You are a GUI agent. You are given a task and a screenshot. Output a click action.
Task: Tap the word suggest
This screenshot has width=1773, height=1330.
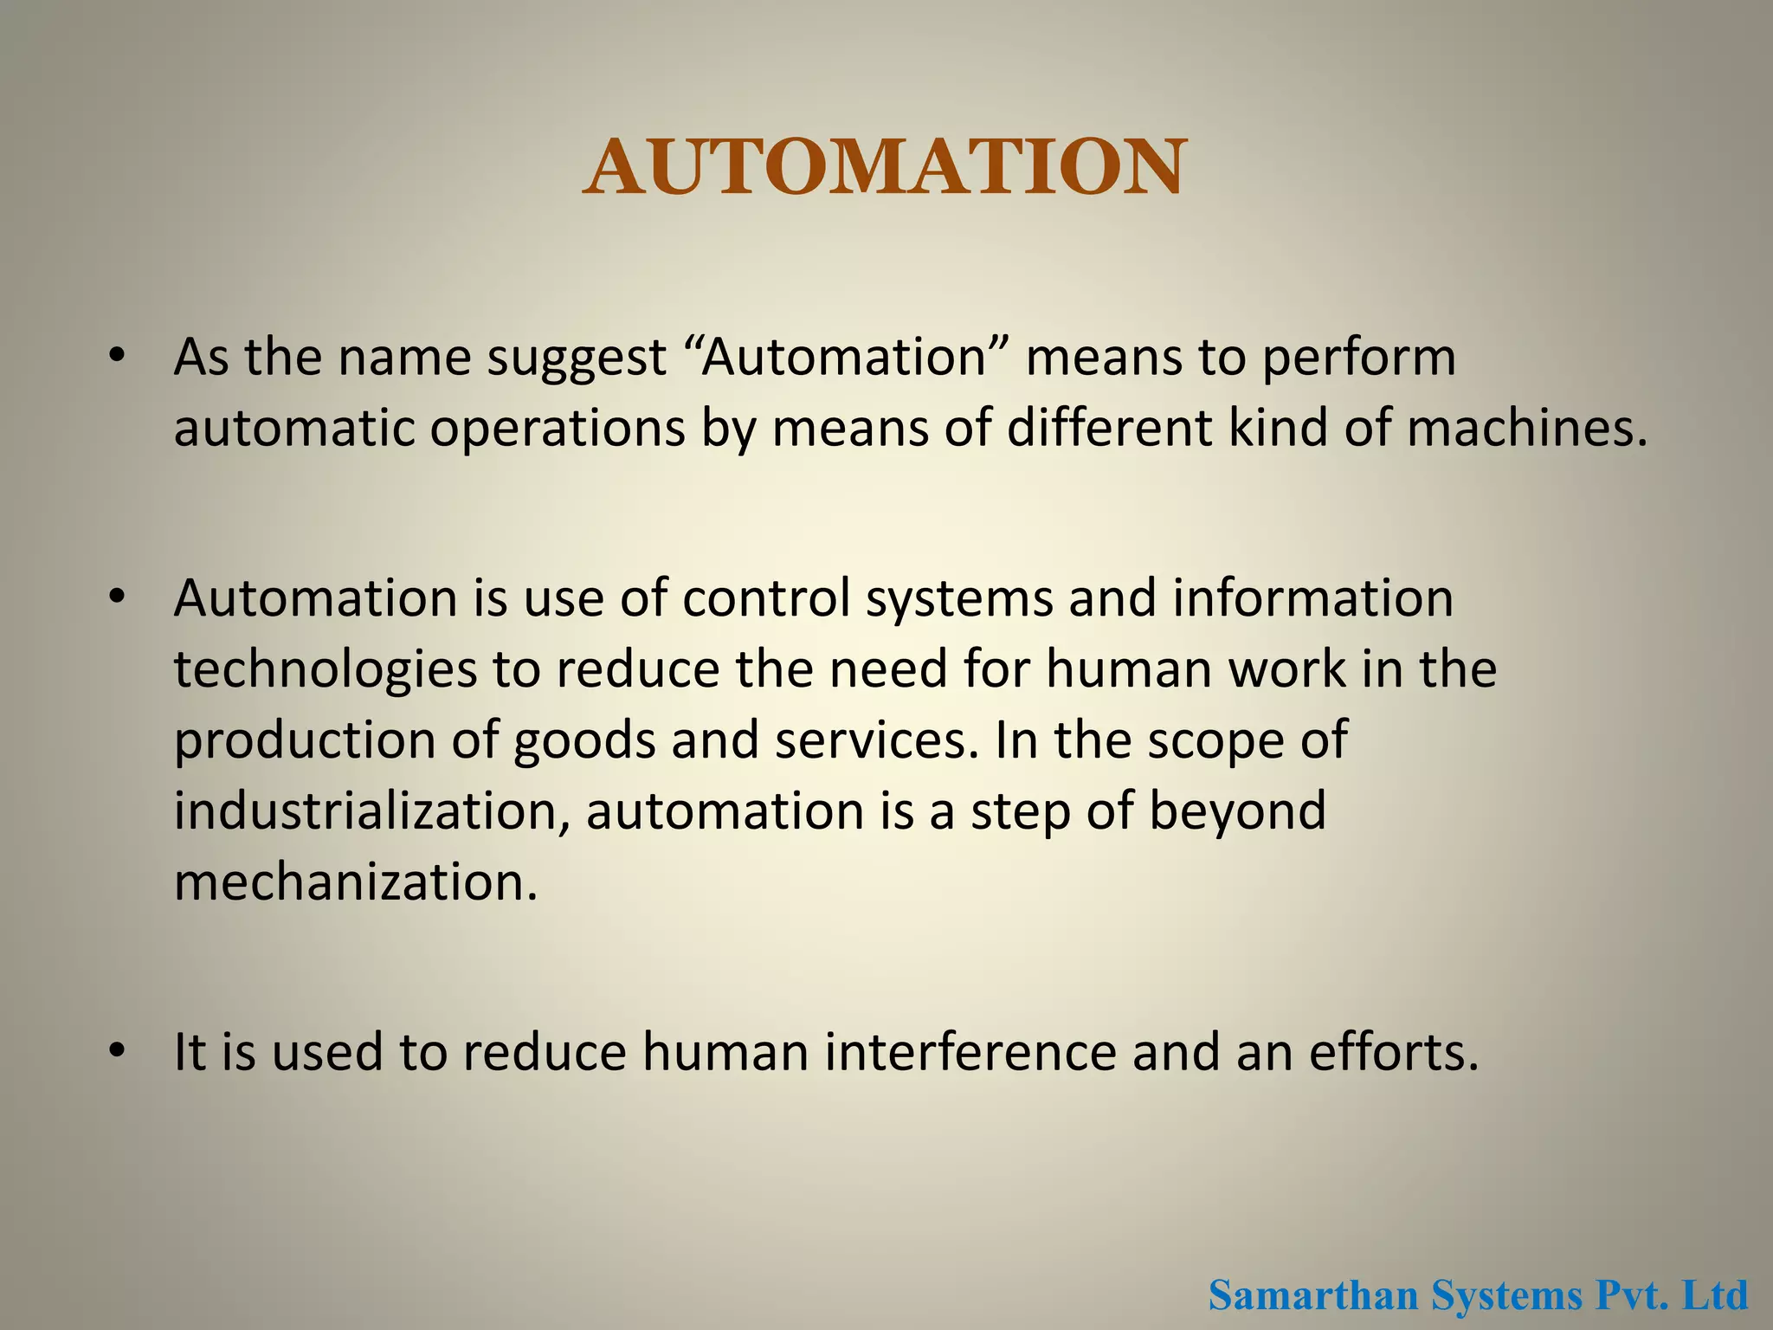[x=577, y=358]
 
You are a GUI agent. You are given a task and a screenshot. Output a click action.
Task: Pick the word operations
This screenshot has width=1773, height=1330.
[x=558, y=429]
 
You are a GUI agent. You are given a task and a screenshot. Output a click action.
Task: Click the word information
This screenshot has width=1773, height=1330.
[x=1312, y=598]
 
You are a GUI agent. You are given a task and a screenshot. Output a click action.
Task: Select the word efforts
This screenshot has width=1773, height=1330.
[x=1393, y=1052]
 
